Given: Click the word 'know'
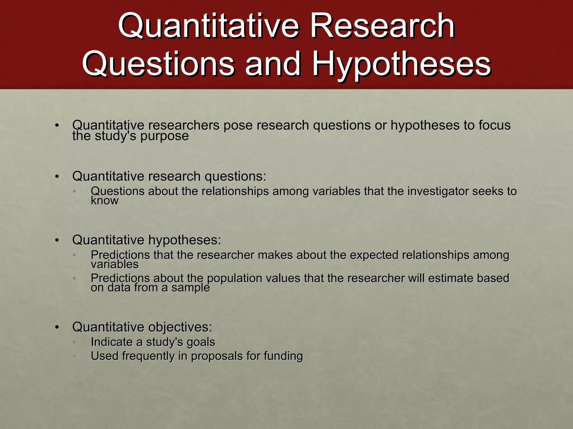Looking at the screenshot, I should (x=105, y=201).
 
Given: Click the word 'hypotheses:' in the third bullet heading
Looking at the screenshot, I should (x=184, y=240).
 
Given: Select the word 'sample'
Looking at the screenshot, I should (x=191, y=288).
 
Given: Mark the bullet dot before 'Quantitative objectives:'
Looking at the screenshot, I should (x=57, y=327).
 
